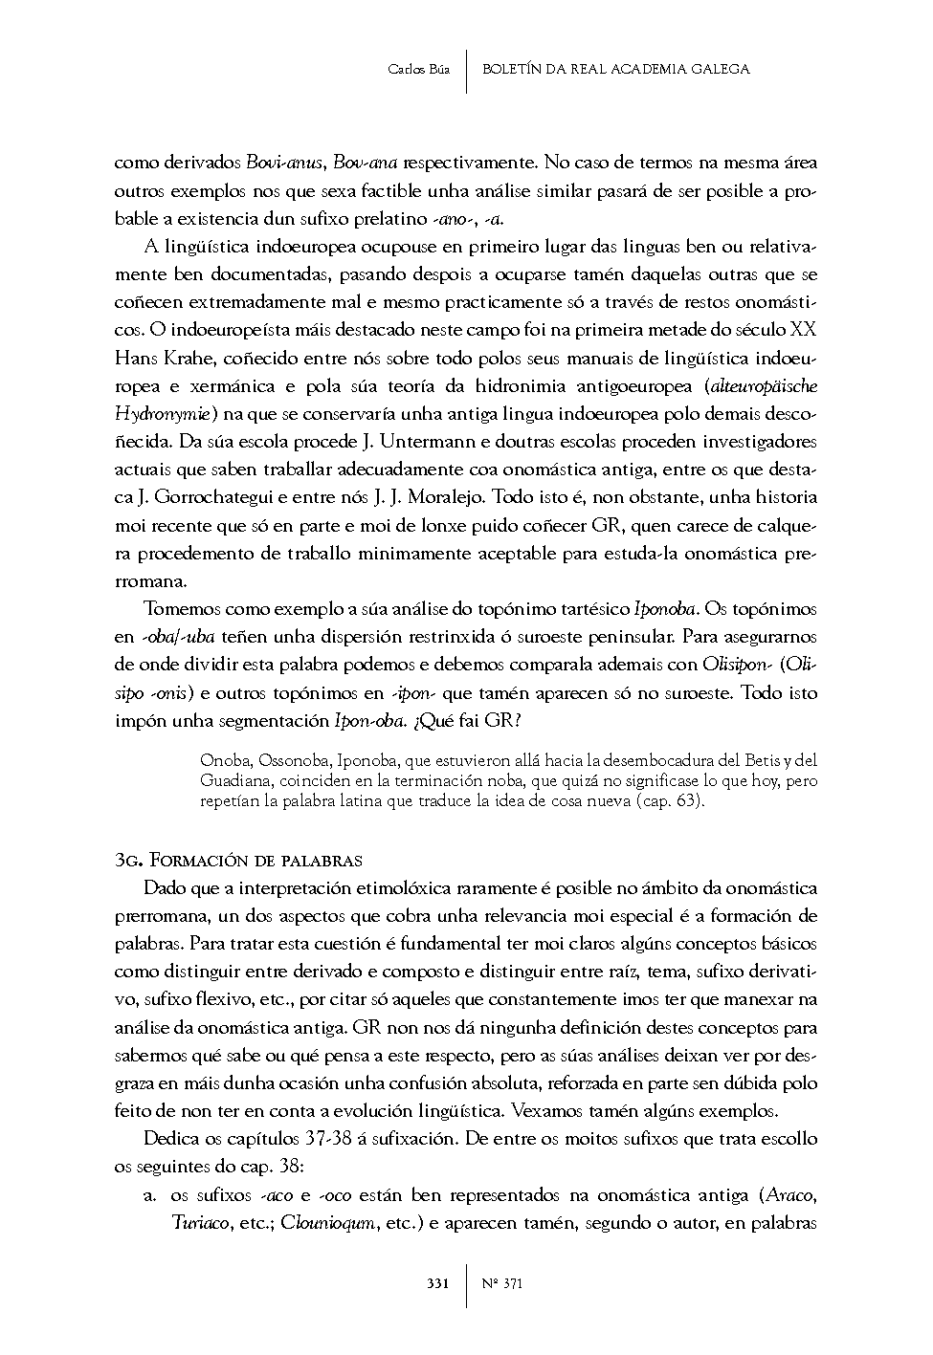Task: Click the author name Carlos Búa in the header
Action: click(418, 69)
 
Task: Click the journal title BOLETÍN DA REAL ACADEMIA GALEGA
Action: click(616, 69)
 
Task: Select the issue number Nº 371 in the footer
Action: click(502, 1283)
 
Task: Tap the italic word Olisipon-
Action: click(737, 664)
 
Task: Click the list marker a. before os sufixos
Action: click(149, 1195)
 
